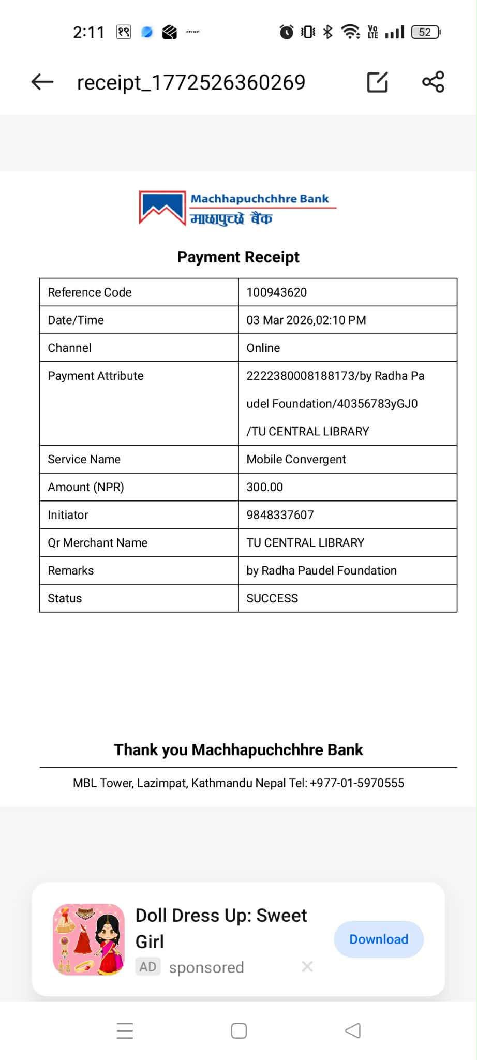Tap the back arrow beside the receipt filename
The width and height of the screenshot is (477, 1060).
(42, 82)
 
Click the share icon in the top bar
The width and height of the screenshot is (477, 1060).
(433, 82)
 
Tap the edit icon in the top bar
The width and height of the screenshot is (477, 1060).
(377, 82)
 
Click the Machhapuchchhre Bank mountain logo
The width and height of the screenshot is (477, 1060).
(162, 208)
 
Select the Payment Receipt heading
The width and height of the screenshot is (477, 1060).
(238, 257)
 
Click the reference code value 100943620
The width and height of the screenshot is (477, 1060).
(277, 292)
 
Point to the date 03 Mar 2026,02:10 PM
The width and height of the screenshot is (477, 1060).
(306, 320)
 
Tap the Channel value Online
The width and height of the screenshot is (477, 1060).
(263, 348)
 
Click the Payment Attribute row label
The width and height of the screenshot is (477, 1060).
(96, 376)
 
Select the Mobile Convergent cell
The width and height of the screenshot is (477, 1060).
(296, 459)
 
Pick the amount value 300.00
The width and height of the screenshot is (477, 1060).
(265, 487)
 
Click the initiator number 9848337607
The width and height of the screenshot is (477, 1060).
(280, 515)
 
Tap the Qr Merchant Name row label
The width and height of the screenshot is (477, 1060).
(98, 543)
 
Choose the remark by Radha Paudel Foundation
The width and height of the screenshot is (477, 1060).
(321, 570)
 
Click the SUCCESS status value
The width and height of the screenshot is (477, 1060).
(272, 598)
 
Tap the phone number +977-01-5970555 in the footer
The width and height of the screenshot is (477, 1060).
(357, 783)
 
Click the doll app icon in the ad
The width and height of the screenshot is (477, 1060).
(89, 939)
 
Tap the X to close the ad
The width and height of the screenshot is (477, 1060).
(307, 966)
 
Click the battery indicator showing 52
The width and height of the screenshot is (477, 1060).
(425, 32)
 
